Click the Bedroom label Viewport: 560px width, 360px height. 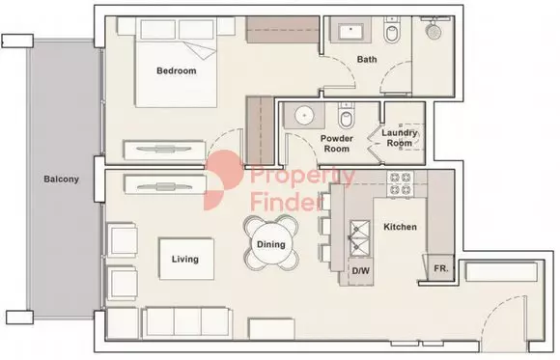[177, 70]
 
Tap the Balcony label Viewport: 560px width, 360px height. [61, 179]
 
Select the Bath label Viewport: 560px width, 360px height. [367, 59]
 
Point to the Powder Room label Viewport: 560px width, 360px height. [336, 143]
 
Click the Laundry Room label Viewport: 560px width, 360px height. [400, 138]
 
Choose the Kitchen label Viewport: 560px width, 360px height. [400, 227]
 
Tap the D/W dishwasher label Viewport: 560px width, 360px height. [361, 270]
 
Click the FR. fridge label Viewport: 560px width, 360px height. [441, 268]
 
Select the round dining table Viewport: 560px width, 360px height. [271, 243]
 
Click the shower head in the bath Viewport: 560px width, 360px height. [434, 30]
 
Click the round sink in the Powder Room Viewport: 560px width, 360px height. [304, 116]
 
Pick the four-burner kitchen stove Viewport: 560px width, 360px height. [400, 183]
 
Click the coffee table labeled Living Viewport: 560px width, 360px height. [186, 259]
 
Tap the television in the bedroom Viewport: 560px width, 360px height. [164, 150]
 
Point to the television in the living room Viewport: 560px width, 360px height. [165, 185]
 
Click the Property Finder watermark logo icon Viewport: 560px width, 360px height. [223, 180]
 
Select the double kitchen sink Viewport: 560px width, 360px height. [359, 238]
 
